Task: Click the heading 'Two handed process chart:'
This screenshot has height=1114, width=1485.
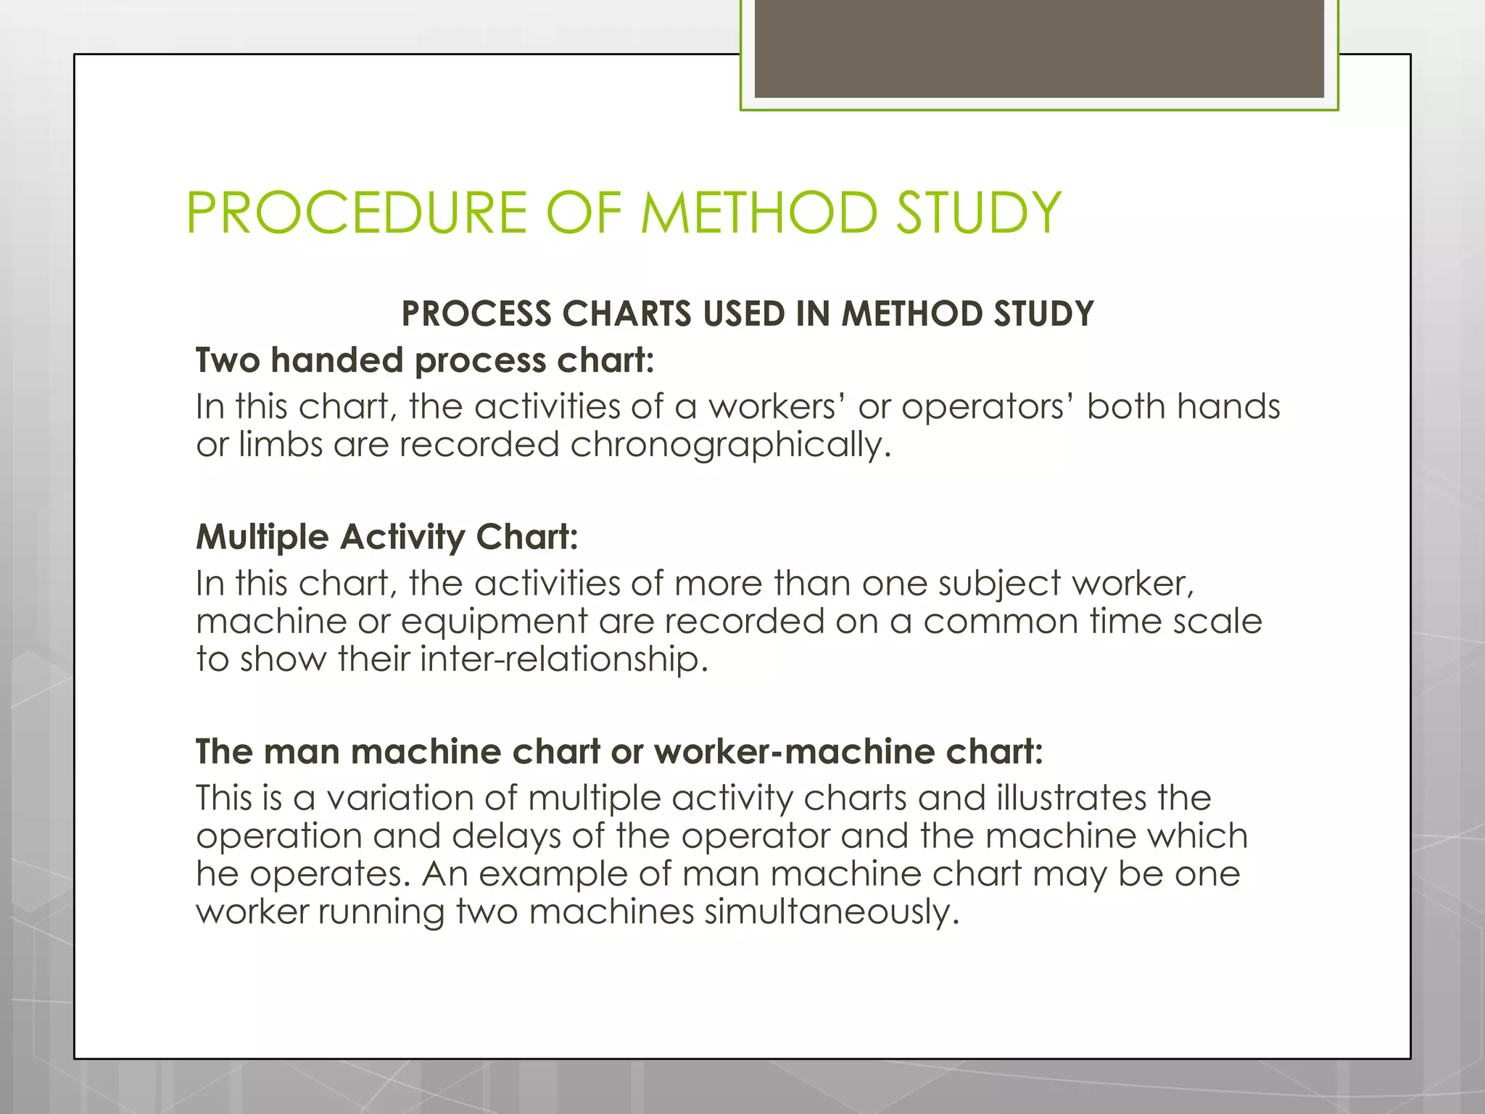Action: pos(425,360)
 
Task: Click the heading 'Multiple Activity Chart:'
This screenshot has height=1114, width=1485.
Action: pos(387,537)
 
